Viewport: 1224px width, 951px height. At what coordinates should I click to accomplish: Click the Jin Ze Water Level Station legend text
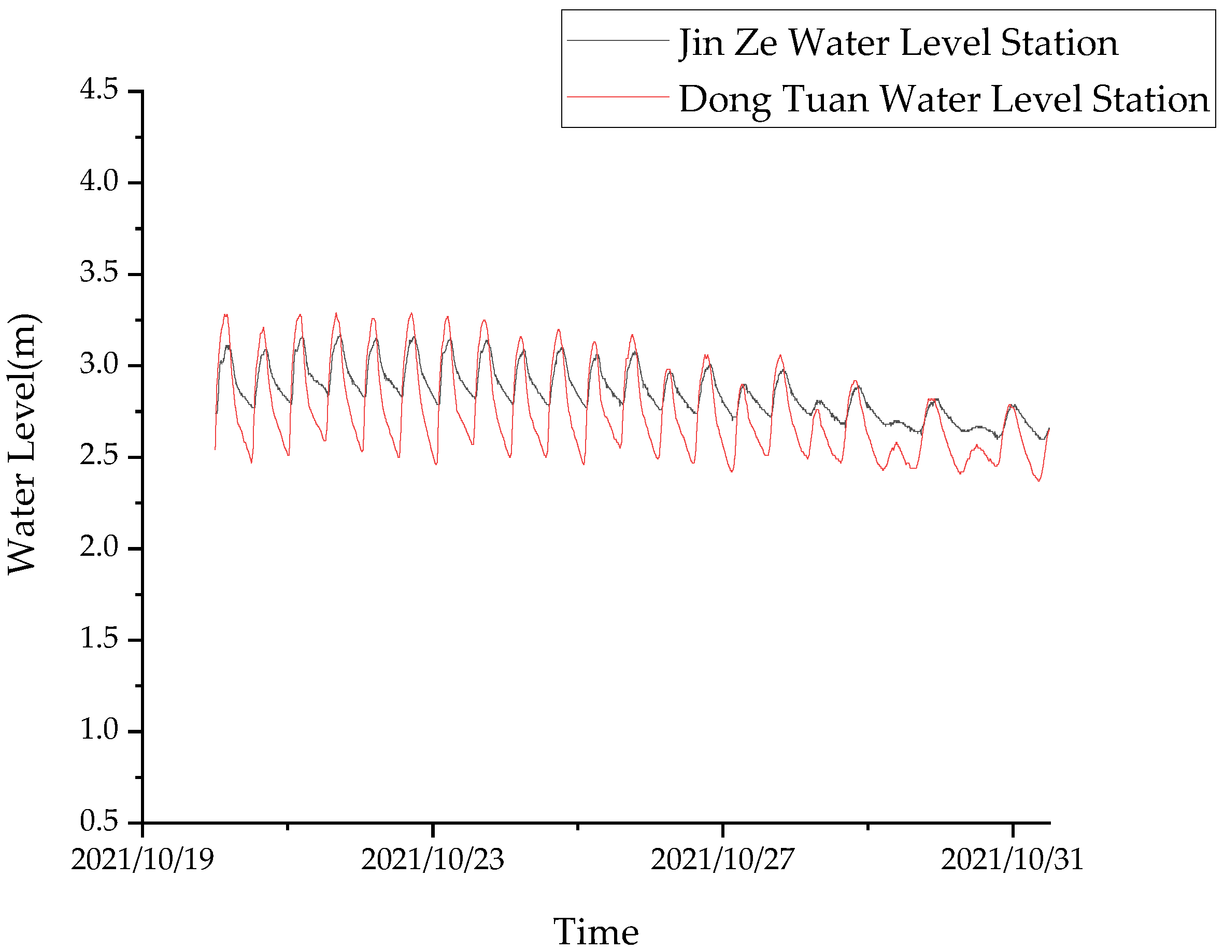click(899, 43)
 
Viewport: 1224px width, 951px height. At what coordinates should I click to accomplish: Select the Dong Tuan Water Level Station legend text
click(944, 99)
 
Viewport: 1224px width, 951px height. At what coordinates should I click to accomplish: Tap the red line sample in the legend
click(618, 97)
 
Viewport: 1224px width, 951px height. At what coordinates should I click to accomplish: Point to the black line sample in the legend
click(618, 40)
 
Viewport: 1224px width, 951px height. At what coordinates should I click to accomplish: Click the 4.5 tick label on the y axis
click(99, 89)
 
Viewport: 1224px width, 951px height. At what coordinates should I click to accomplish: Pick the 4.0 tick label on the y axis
click(99, 181)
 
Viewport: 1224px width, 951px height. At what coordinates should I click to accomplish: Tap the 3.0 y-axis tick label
click(99, 364)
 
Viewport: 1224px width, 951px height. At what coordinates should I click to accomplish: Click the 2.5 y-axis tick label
click(99, 455)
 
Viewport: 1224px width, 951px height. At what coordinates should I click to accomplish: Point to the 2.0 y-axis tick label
click(99, 546)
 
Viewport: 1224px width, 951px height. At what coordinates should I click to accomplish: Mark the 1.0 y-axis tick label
click(99, 730)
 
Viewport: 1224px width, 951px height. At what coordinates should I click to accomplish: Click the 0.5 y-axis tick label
click(99, 821)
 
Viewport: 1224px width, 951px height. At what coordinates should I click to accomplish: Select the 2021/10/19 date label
click(143, 860)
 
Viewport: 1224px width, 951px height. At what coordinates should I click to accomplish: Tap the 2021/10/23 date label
click(432, 860)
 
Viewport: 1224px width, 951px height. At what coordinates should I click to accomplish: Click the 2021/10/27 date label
click(722, 860)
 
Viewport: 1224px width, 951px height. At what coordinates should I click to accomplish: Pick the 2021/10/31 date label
click(1012, 860)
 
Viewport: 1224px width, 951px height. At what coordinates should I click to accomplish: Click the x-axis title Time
click(596, 931)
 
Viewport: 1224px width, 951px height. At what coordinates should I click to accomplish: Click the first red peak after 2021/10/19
click(226, 315)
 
